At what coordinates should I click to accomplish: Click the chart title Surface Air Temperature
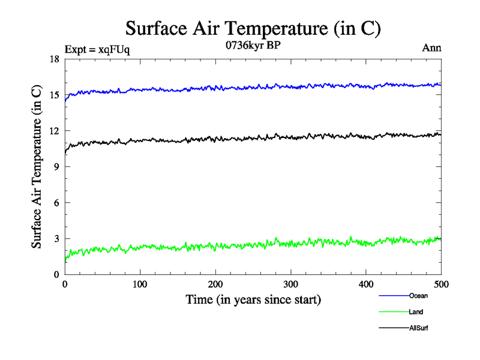tap(253, 29)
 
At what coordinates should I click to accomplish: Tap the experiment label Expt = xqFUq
tap(97, 50)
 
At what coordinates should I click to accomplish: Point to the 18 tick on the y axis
tap(53, 59)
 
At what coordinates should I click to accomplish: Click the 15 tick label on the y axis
tap(53, 95)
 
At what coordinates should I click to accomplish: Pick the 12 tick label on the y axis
tap(53, 131)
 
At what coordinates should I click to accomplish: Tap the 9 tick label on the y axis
tap(56, 167)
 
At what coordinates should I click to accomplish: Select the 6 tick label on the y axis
tap(56, 203)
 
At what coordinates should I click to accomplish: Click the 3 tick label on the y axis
tap(56, 239)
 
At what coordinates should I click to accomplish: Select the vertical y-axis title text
tap(37, 167)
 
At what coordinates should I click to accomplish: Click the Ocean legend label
tap(418, 296)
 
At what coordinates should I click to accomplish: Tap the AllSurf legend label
tap(419, 328)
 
